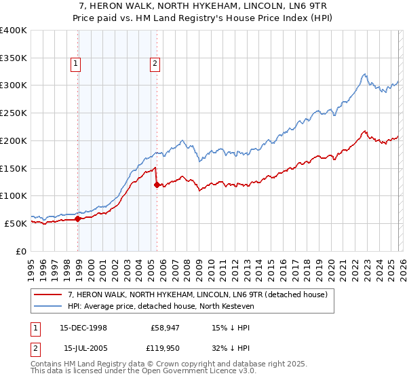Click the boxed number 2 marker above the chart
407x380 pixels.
(x=155, y=64)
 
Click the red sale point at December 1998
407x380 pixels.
(x=78, y=218)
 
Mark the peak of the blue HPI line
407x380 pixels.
(x=365, y=74)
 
